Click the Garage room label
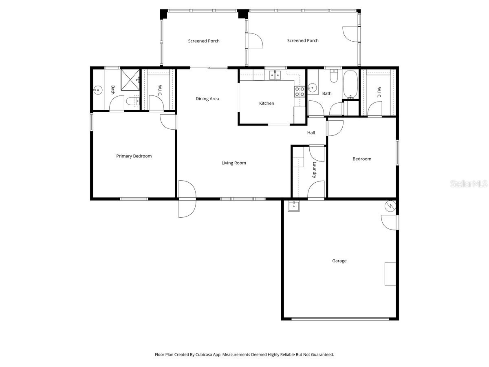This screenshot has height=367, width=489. pos(339,261)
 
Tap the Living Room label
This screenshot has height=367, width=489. pos(233,163)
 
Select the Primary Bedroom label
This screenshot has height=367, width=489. pos(134,156)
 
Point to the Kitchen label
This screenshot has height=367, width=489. pos(267,104)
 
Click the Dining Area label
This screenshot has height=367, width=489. pos(207,99)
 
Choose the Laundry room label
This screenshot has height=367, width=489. pos(314,170)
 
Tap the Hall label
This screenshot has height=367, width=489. pos(311,133)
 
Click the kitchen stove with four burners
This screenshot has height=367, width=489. pos(299,91)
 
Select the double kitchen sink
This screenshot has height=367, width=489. pos(275,75)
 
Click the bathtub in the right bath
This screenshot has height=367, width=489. pos(350,85)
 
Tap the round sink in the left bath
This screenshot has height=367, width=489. pos(98,90)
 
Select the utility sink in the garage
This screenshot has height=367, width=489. pos(294,206)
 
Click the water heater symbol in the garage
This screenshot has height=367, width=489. pos(390,206)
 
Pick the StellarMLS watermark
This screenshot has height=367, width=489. pos(468,184)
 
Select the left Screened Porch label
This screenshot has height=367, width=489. pos(204,41)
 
